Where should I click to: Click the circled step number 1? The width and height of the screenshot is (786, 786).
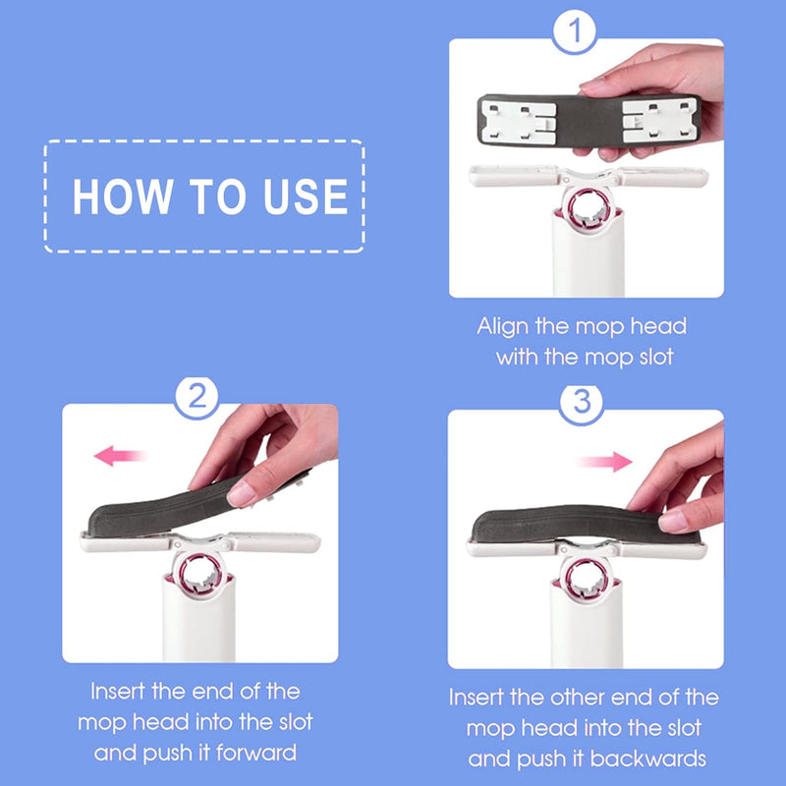pos(575,33)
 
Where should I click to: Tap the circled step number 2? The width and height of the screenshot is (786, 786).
pos(197,398)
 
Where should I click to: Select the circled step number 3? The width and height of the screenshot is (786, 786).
pos(580,403)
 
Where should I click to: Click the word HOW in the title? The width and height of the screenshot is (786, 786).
pos(115,196)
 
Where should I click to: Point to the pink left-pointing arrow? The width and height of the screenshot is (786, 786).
pos(121,456)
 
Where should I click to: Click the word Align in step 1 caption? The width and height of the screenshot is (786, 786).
pos(504,326)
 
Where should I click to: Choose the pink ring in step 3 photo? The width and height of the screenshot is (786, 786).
pos(588,578)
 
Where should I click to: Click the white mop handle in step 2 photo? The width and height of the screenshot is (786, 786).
pos(200,629)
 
